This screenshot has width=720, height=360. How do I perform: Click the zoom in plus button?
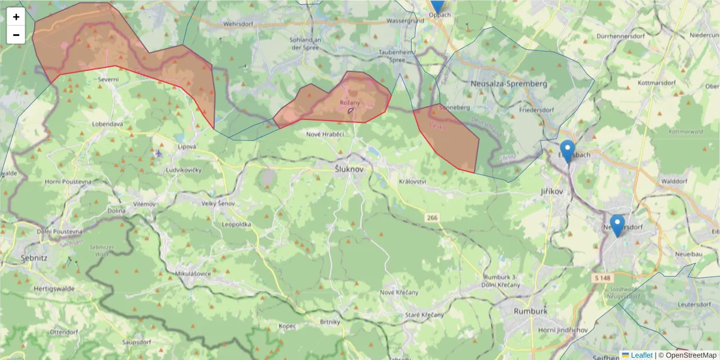16,17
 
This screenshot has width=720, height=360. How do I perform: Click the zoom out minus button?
16,35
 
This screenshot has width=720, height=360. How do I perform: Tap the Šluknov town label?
349,170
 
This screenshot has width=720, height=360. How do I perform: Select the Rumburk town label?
530,311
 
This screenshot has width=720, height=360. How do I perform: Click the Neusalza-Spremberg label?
509,84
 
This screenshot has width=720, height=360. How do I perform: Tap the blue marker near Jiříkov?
567,151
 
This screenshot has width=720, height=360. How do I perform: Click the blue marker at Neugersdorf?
617,225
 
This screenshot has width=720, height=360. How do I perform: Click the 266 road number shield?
432,217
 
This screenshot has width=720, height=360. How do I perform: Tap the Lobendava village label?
107,124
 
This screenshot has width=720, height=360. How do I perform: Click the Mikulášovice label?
193,273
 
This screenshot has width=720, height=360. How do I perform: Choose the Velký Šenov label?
217,204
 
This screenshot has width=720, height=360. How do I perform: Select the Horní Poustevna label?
68,181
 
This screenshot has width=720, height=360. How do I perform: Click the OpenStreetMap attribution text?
691,355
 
